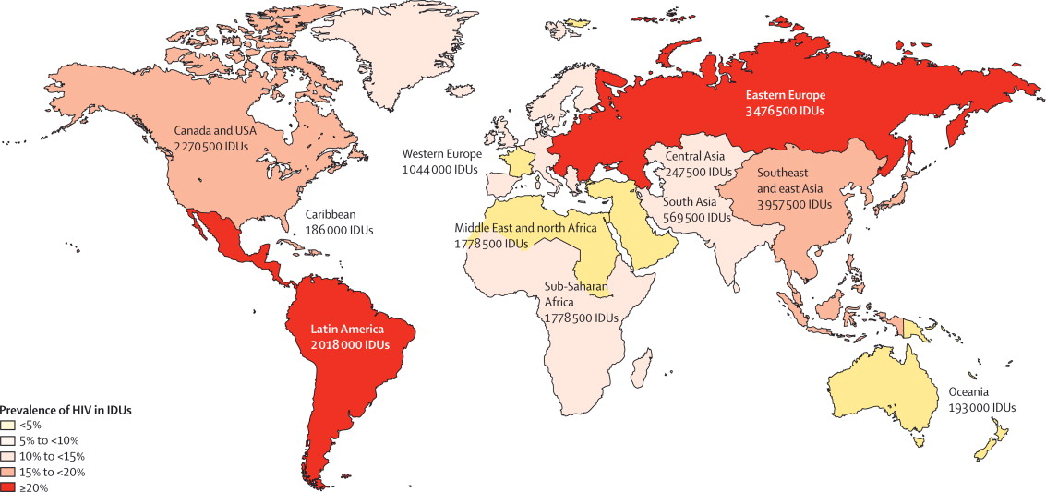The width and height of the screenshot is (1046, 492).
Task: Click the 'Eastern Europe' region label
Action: (786, 95)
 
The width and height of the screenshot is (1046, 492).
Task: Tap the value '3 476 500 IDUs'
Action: (786, 111)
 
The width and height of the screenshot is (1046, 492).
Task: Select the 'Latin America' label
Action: (350, 328)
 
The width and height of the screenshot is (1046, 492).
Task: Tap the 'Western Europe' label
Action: (439, 154)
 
